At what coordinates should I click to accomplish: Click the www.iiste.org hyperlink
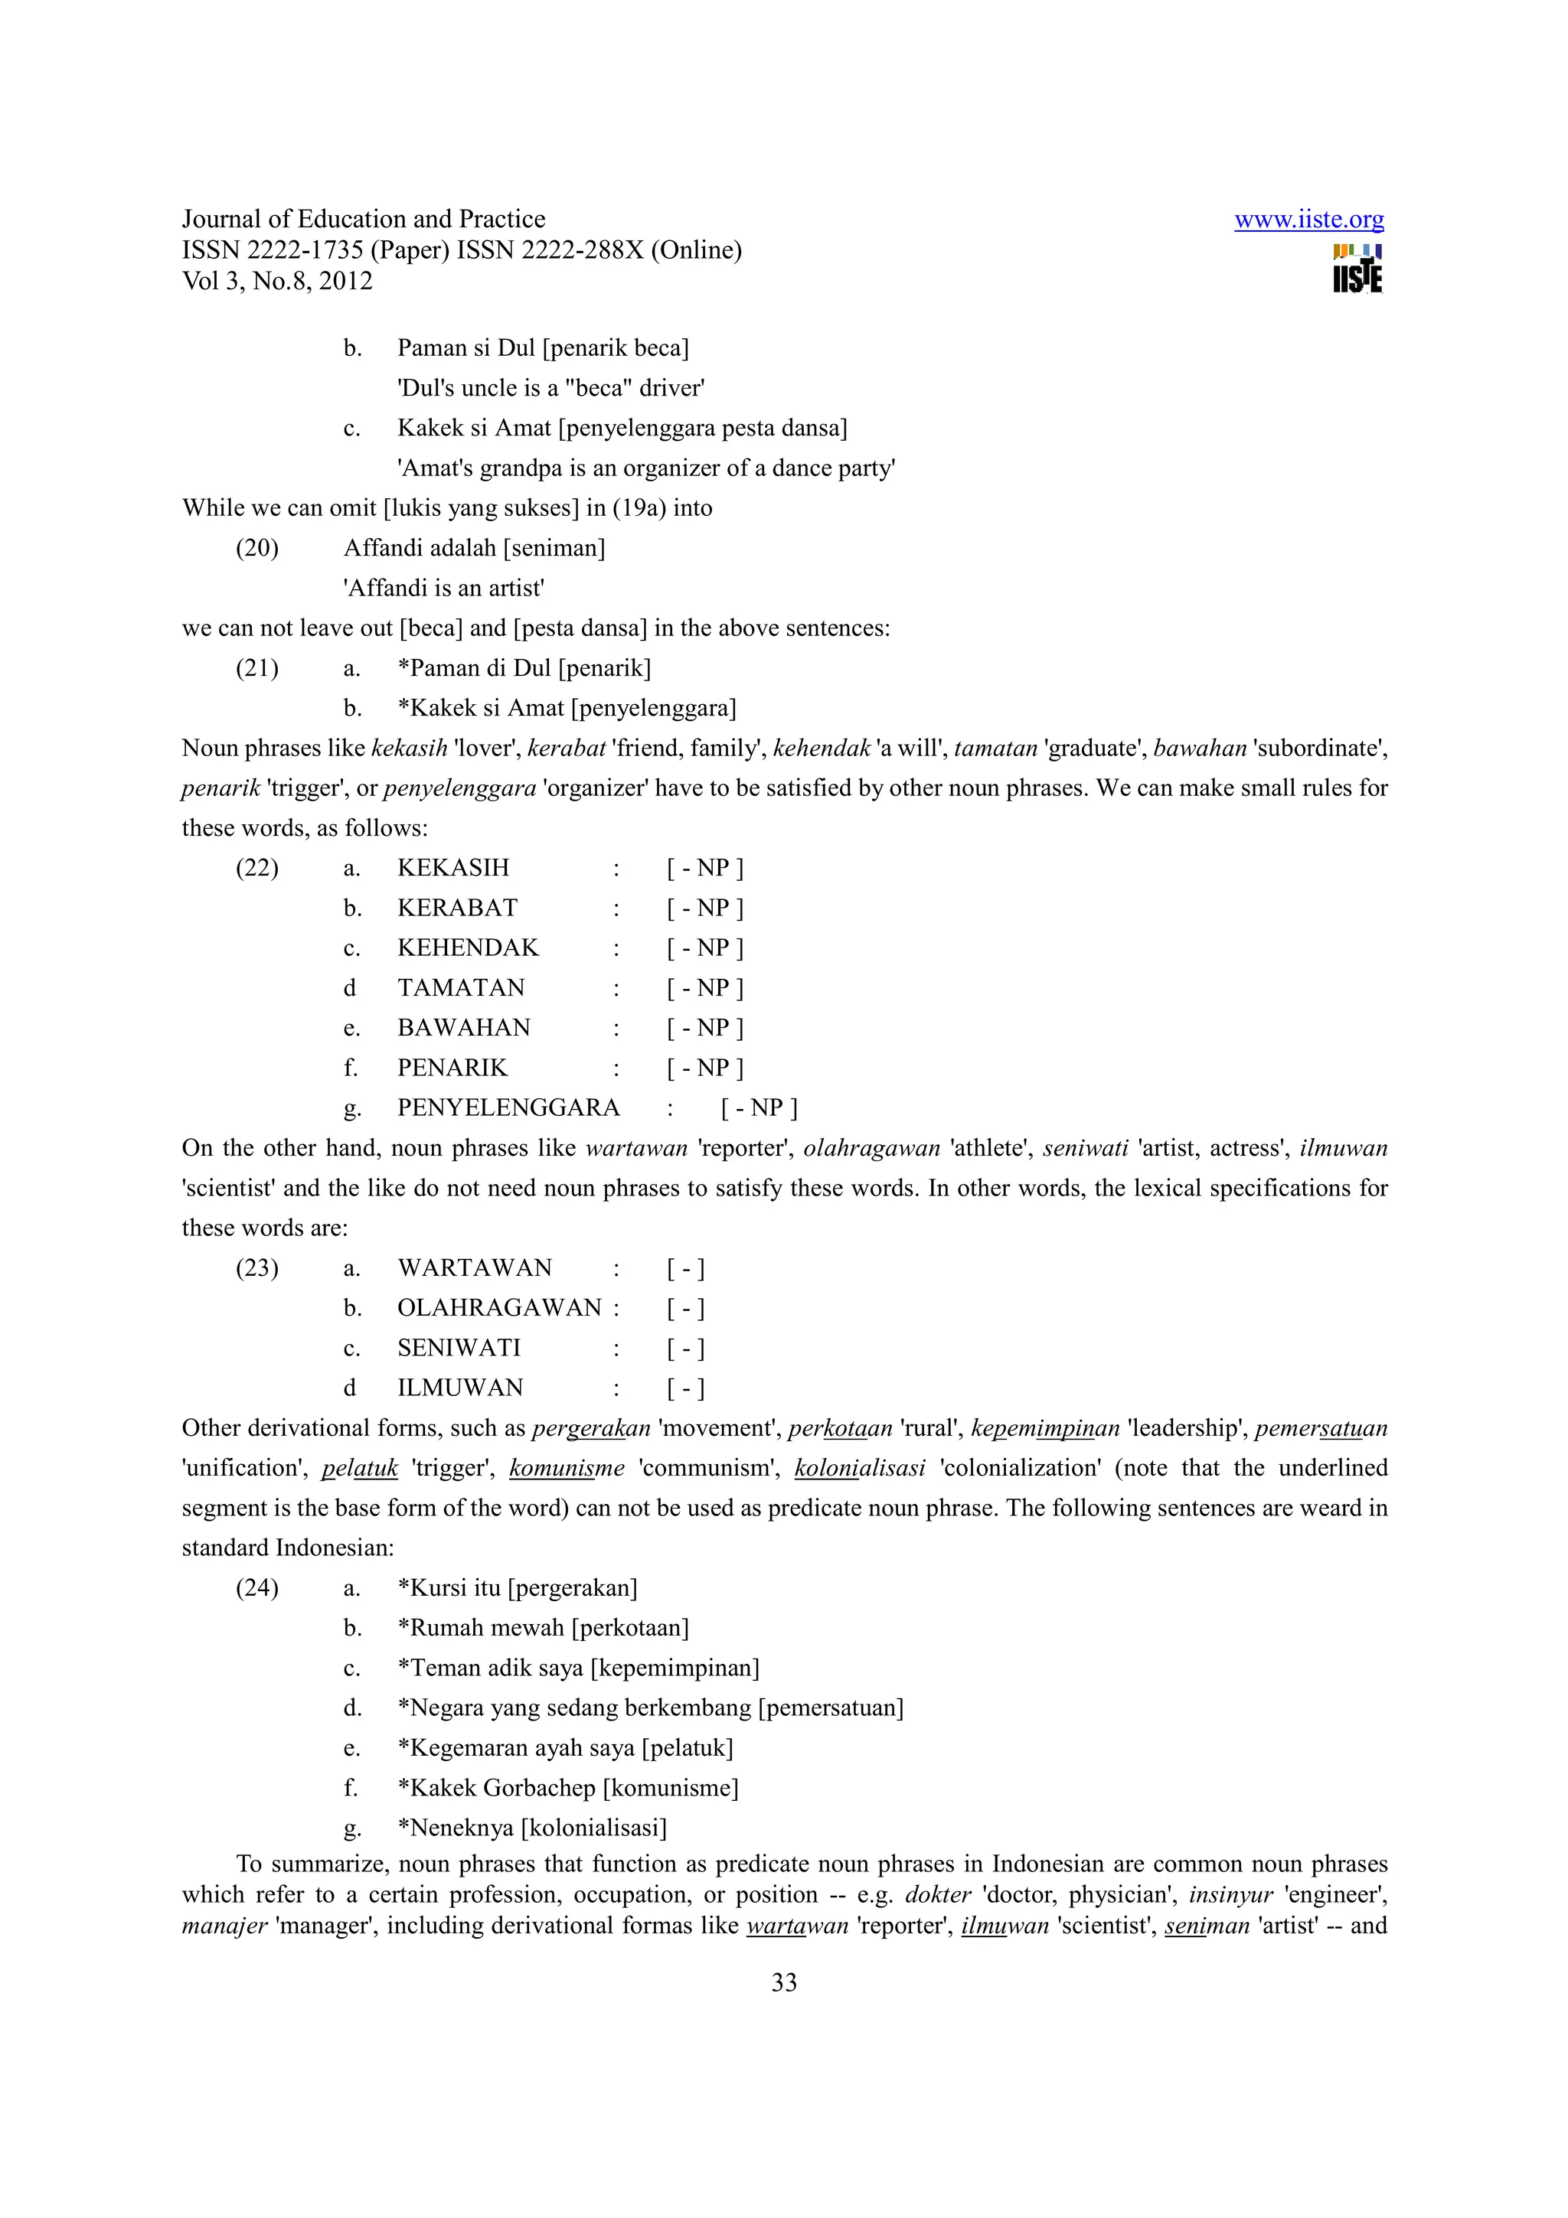[1308, 220]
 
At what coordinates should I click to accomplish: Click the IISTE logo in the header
[1357, 269]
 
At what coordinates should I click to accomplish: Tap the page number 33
[783, 1982]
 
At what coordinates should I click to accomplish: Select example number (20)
[257, 548]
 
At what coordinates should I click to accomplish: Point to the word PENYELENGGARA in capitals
[508, 1108]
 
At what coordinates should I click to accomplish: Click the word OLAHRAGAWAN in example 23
[499, 1308]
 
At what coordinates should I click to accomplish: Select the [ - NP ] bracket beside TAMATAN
[704, 988]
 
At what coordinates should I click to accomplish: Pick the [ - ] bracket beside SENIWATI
[685, 1349]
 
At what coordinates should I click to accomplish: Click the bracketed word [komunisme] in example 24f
[671, 1788]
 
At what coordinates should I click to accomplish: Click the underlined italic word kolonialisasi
[859, 1469]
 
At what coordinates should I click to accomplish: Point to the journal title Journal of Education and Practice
[363, 220]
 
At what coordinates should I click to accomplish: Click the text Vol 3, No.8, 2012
[277, 281]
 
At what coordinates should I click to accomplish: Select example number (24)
[257, 1588]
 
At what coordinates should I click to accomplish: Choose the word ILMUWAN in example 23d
[460, 1388]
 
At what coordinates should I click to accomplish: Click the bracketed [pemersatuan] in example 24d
[831, 1708]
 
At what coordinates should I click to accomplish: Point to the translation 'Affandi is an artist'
[443, 589]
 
